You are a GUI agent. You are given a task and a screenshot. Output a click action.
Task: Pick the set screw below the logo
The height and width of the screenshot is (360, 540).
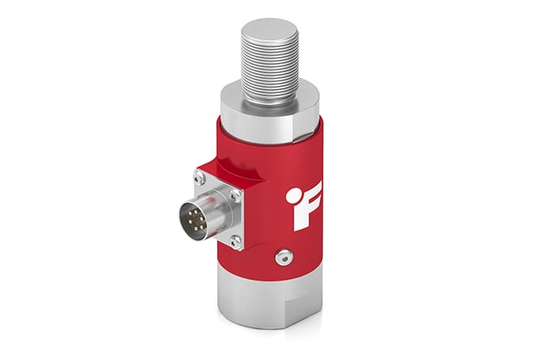coord(283,257)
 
